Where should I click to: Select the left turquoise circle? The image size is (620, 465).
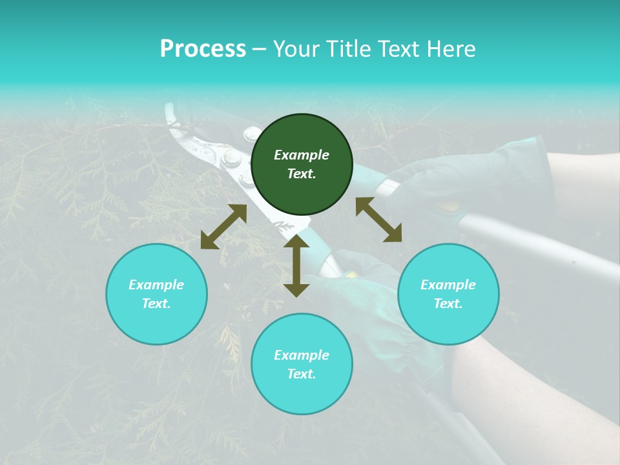point(156,294)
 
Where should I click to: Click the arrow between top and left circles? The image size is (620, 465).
point(223,227)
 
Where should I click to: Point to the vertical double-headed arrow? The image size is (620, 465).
point(296,265)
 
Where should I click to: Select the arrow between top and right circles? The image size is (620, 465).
point(378,220)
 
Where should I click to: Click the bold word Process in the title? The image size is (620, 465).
point(203,49)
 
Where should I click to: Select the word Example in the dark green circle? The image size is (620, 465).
point(302,155)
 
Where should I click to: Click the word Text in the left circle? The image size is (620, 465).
point(156,304)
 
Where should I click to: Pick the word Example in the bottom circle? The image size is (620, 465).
point(302,355)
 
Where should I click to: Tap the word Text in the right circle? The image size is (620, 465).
point(448,304)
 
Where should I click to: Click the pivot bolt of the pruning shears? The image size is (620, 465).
point(229,157)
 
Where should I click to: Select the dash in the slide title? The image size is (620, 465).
point(260,49)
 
